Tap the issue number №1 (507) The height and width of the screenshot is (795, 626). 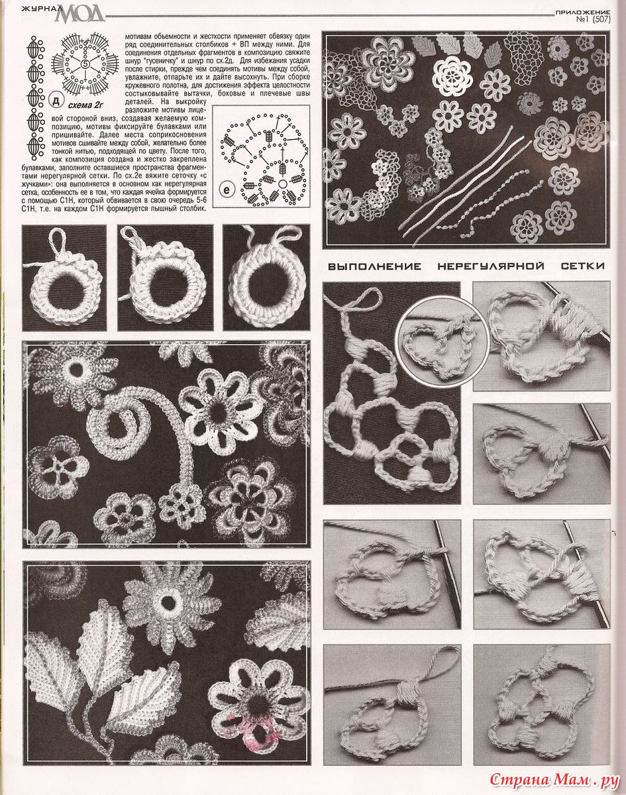(x=594, y=20)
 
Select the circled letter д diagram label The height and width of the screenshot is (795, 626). (x=56, y=101)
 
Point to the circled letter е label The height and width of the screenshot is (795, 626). (x=227, y=190)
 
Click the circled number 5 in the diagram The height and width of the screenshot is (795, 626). (x=85, y=64)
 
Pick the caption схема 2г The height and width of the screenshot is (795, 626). (x=85, y=105)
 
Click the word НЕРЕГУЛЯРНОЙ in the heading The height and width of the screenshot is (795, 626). (x=491, y=266)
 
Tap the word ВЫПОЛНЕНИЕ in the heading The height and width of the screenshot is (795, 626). (x=374, y=266)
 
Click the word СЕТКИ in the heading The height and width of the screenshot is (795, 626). (x=583, y=266)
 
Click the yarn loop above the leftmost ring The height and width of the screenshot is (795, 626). (x=60, y=241)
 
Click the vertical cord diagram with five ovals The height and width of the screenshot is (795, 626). (x=34, y=98)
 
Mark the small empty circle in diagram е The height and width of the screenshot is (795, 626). (x=283, y=184)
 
